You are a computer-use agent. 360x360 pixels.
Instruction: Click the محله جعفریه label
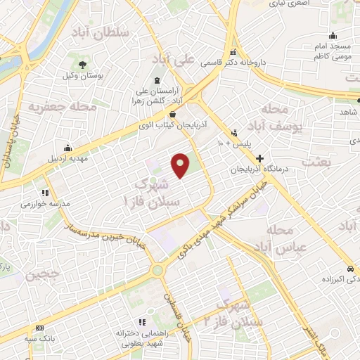(x=51, y=107)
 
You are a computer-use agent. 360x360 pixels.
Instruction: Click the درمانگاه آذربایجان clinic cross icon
(x=260, y=159)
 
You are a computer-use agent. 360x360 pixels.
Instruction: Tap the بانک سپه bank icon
(x=39, y=328)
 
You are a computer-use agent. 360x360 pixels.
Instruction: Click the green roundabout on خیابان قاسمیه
(x=157, y=269)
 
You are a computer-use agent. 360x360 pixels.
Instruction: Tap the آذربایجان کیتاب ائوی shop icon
(x=173, y=115)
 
